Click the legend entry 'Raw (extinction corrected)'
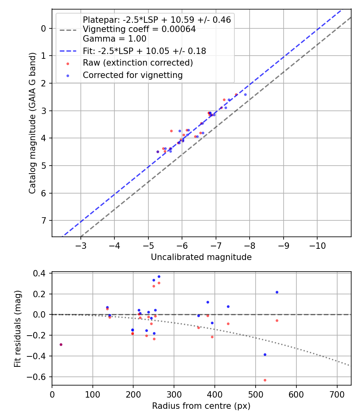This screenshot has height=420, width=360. coord(138,63)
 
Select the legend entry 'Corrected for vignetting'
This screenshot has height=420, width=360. coord(132,75)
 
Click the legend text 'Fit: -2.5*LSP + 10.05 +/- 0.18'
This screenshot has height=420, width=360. coord(144,51)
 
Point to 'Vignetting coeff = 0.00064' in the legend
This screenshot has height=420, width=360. coord(139,29)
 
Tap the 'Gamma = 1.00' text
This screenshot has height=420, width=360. coord(114,39)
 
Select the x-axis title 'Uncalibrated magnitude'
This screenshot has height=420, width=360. coord(201,257)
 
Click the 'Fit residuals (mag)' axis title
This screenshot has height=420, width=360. coord(17,329)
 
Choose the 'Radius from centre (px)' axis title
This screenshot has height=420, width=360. coord(201,406)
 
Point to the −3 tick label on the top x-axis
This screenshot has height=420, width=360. coord(81,245)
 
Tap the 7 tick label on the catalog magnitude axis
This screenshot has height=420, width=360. coord(44,220)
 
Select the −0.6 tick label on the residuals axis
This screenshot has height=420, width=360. coord(39,377)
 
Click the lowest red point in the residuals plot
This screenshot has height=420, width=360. coord(265,380)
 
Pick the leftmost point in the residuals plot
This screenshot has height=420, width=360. coord(61,344)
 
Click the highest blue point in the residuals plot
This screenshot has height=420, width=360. coord(159,276)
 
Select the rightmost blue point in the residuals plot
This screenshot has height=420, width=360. coord(277,292)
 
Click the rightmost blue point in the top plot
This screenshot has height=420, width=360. coord(245,94)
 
